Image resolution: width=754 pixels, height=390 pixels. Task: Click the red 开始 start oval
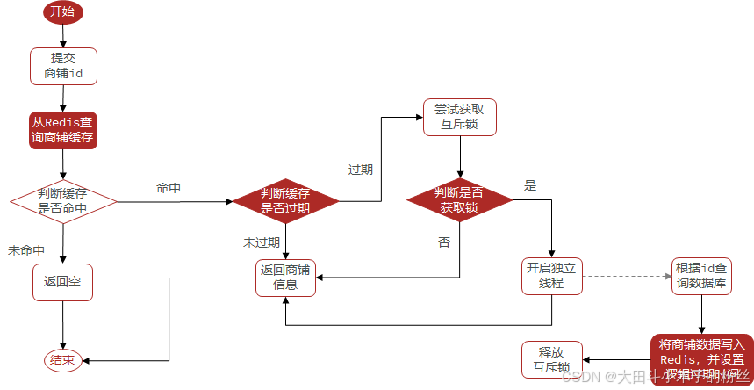(x=63, y=11)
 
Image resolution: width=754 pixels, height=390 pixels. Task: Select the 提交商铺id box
(x=63, y=66)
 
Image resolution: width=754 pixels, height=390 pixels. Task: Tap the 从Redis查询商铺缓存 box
(x=63, y=130)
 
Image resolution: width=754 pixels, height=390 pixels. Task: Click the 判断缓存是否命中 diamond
(x=63, y=201)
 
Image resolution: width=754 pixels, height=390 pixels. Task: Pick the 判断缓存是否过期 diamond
(x=285, y=201)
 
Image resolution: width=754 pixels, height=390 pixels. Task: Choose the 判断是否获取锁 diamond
(x=460, y=201)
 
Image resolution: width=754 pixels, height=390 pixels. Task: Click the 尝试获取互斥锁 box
(x=460, y=117)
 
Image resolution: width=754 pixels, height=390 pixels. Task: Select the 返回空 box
(x=63, y=282)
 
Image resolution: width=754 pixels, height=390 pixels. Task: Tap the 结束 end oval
(x=62, y=359)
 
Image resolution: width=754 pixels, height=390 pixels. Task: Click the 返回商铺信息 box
(x=285, y=278)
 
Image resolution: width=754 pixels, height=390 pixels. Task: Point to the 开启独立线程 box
(x=551, y=276)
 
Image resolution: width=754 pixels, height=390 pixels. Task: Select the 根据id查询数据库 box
(x=700, y=276)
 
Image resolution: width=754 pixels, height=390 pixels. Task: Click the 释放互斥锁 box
(x=551, y=359)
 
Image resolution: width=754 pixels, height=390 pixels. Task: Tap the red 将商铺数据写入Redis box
(x=700, y=359)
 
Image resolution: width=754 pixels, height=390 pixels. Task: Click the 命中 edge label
(x=169, y=188)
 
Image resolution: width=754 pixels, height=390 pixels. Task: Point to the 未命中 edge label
(x=26, y=250)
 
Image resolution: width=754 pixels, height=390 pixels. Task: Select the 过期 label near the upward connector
(x=361, y=170)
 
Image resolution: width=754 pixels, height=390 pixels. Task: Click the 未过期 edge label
(x=262, y=242)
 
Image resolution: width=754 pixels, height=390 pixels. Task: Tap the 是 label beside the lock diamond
(x=530, y=186)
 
